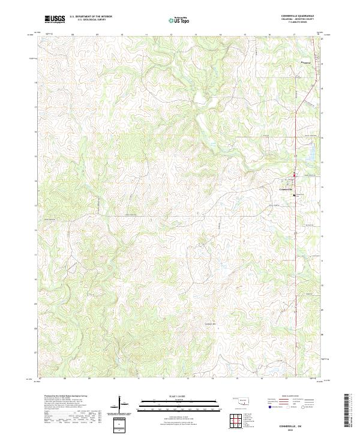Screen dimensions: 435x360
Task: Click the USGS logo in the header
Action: point(55,20)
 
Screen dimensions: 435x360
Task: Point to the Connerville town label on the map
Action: point(289,190)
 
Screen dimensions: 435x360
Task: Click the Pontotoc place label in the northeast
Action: point(307,62)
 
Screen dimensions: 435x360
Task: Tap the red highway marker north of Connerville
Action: point(294,175)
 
